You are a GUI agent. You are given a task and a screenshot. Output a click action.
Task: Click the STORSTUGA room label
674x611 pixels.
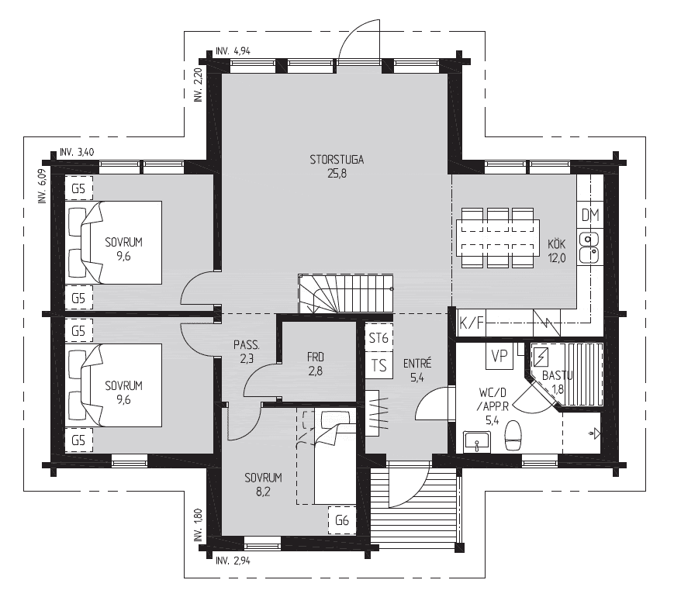pyautogui.click(x=337, y=160)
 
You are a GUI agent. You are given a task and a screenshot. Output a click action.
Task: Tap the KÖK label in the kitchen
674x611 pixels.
pyautogui.click(x=556, y=244)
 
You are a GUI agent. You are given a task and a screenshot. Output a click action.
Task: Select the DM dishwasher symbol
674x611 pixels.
pyautogui.click(x=590, y=215)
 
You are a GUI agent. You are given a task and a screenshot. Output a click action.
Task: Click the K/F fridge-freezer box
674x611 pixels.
pyautogui.click(x=472, y=323)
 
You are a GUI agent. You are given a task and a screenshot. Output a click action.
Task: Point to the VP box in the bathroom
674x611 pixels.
pyautogui.click(x=499, y=356)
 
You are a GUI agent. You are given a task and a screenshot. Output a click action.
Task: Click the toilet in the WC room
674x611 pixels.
pyautogui.click(x=513, y=435)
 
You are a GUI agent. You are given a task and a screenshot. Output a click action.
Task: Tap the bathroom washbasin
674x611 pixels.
pyautogui.click(x=477, y=442)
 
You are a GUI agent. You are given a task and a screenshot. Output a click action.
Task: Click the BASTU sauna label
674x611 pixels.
pyautogui.click(x=557, y=376)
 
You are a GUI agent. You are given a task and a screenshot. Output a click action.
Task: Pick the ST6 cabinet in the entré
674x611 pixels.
pyautogui.click(x=378, y=338)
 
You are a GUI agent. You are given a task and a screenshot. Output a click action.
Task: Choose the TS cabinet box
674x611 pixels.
pyautogui.click(x=378, y=366)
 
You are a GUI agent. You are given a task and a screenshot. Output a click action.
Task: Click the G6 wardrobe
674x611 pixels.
pyautogui.click(x=342, y=521)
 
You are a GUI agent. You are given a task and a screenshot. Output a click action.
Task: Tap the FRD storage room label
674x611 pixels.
pyautogui.click(x=316, y=357)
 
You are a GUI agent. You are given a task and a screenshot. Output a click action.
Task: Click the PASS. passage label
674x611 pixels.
pyautogui.click(x=247, y=344)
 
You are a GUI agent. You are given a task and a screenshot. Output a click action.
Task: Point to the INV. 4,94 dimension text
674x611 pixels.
pyautogui.click(x=233, y=51)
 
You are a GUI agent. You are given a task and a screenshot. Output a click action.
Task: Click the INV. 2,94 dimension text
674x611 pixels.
pyautogui.click(x=233, y=561)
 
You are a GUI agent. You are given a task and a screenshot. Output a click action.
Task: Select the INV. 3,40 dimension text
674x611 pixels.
pyautogui.click(x=77, y=152)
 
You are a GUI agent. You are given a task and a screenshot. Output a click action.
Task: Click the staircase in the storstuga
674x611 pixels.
pyautogui.click(x=346, y=294)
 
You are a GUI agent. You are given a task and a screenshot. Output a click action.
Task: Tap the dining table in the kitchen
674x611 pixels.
pyautogui.click(x=498, y=238)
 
